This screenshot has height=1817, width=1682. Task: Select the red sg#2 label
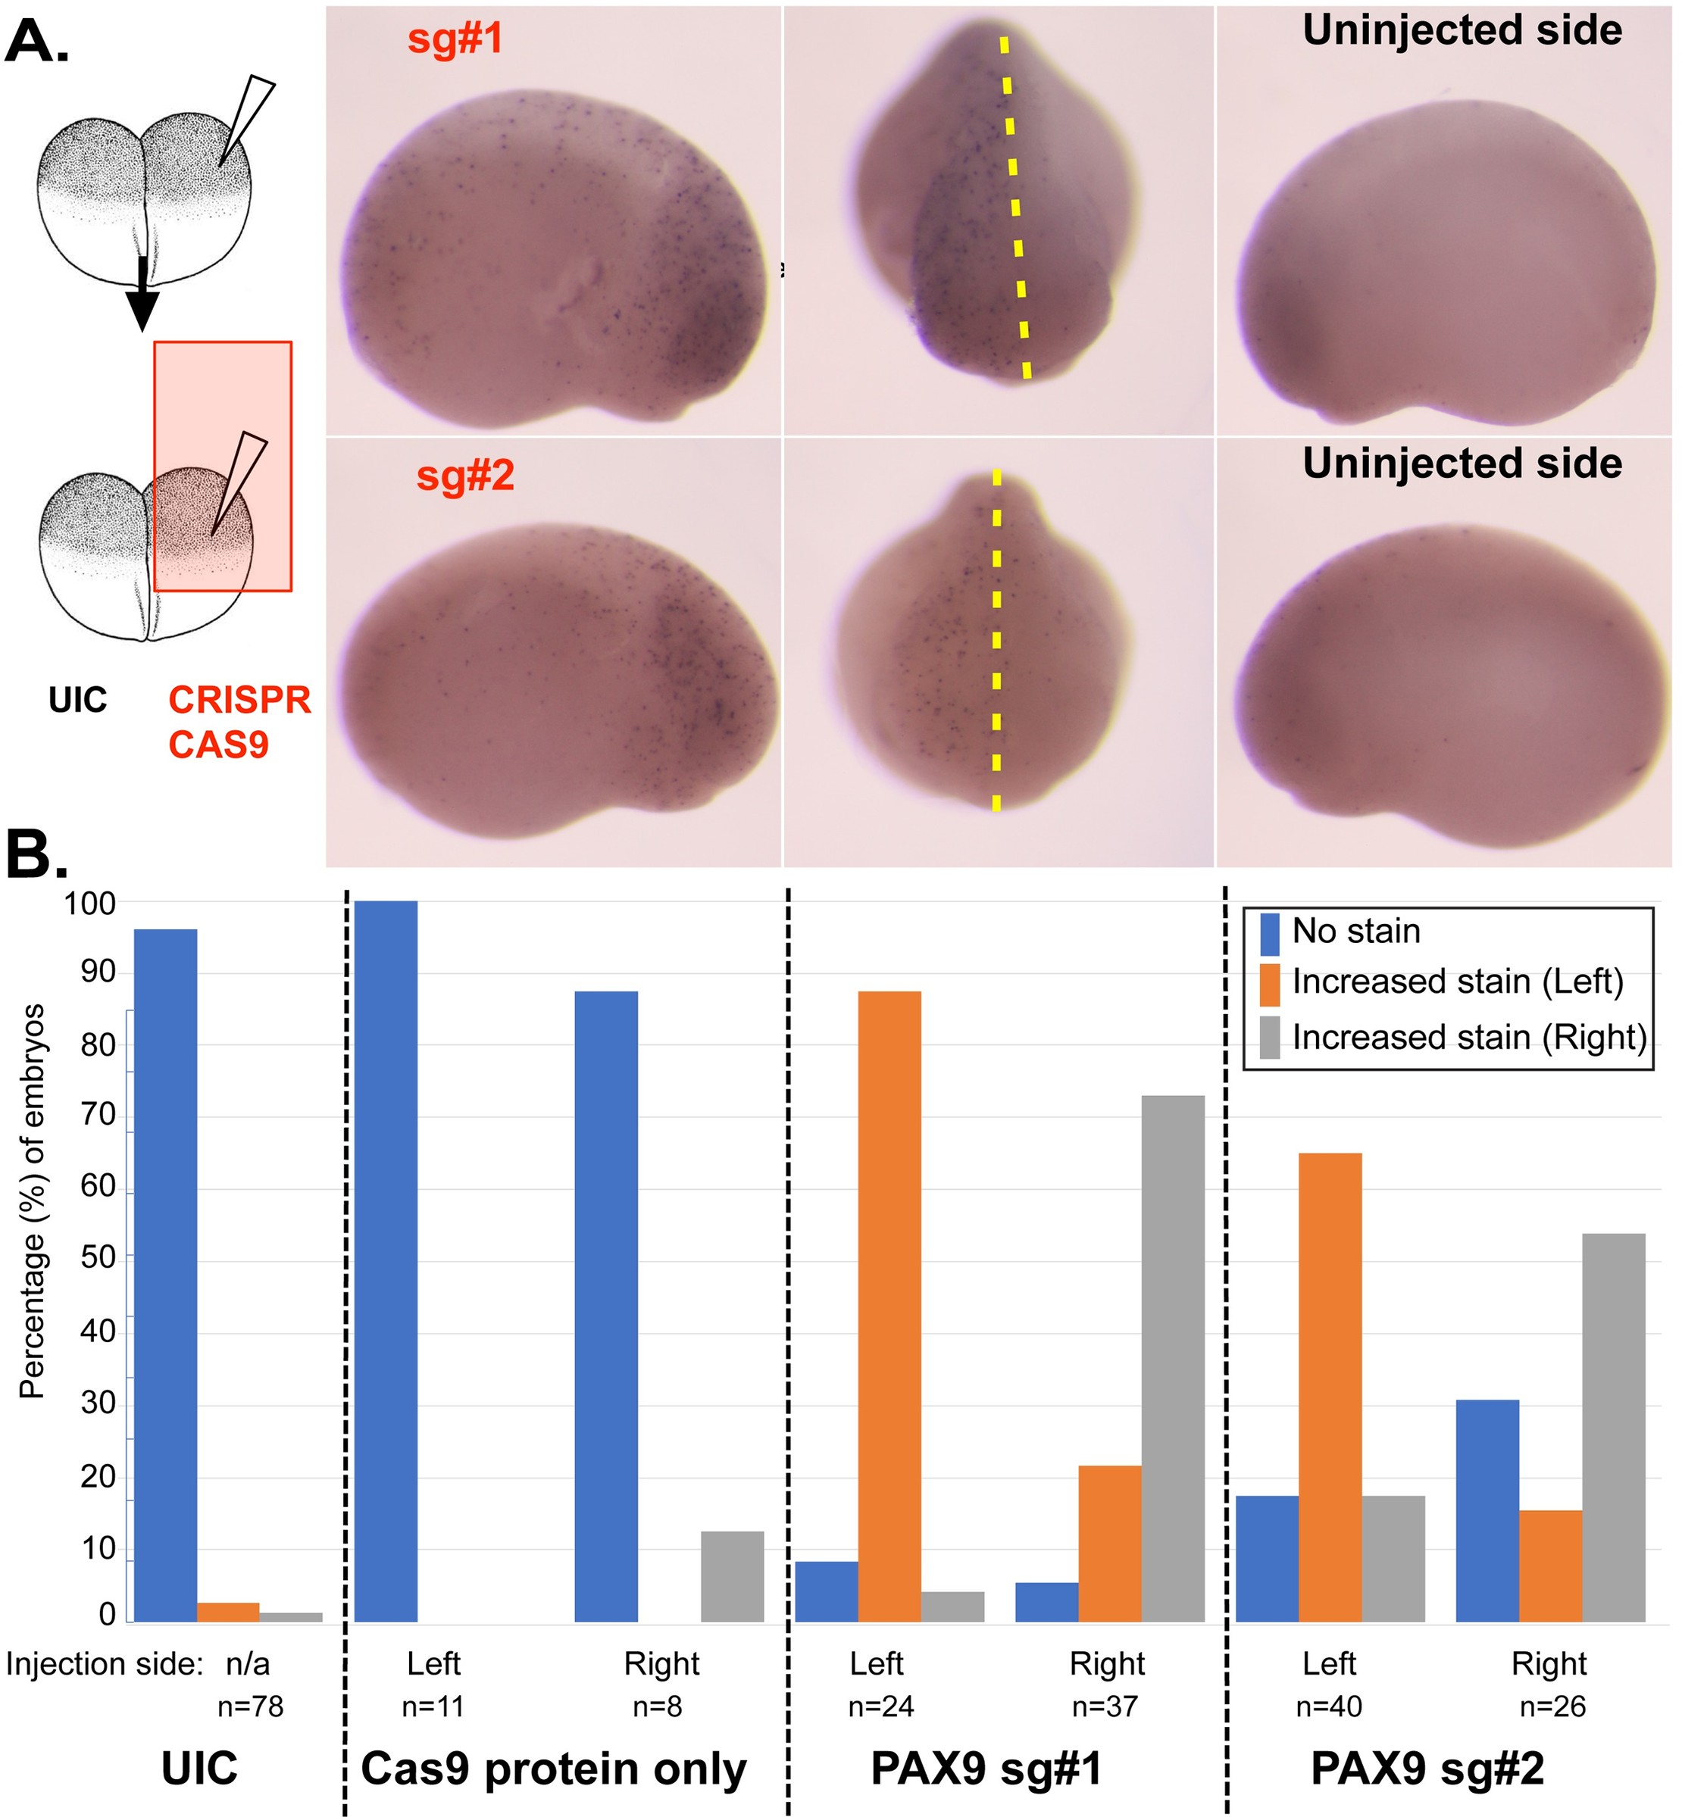(465, 476)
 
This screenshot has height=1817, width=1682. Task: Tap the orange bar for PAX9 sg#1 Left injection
(889, 1310)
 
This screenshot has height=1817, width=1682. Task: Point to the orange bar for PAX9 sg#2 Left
(1330, 1391)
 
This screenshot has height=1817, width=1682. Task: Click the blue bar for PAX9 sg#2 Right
(1487, 1514)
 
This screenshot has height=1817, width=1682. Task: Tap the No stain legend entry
(1355, 932)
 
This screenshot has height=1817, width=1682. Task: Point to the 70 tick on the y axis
(98, 1116)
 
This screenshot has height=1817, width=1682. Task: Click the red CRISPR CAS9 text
(239, 723)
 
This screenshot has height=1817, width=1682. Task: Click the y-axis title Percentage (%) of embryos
(33, 1201)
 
